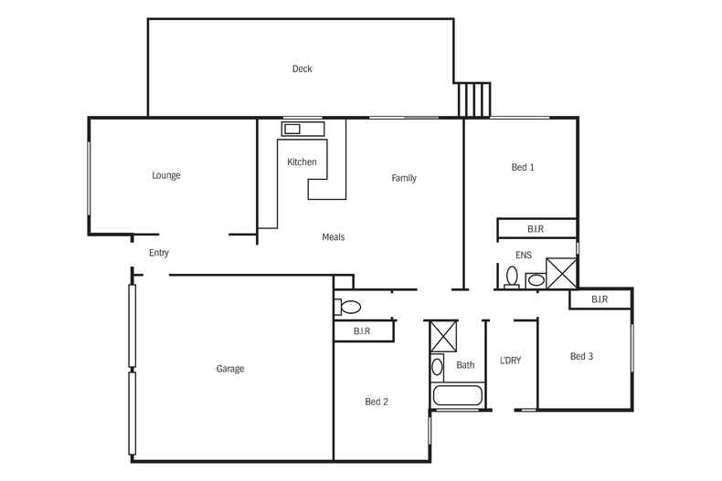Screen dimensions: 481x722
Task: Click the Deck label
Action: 302,69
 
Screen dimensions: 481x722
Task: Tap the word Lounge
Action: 166,176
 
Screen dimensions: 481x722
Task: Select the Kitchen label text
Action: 302,162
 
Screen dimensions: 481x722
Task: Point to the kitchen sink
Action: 292,129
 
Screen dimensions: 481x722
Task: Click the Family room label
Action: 404,178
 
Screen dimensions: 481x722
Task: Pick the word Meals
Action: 333,237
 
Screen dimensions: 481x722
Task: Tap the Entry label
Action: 158,253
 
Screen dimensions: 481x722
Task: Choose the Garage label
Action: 229,370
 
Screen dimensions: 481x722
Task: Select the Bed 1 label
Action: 522,167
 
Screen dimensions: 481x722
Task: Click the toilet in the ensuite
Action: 512,277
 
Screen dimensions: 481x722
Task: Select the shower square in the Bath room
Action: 444,335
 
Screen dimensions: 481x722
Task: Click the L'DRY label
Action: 510,361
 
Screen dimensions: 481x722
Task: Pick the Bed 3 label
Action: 581,356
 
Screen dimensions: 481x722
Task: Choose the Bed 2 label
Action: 377,402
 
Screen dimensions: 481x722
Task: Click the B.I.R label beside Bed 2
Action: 362,330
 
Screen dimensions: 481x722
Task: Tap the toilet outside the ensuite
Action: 349,306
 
